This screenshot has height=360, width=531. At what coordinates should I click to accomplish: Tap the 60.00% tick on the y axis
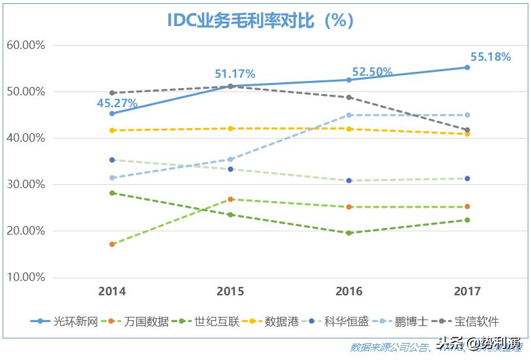point(26,45)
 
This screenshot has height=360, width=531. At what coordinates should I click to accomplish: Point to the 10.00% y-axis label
point(26,277)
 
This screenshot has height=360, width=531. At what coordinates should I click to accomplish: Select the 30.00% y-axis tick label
point(26,184)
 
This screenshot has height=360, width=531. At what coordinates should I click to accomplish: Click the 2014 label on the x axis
point(112,291)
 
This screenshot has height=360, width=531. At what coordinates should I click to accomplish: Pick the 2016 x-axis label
point(349,291)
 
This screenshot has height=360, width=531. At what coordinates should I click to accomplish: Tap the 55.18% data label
point(490,57)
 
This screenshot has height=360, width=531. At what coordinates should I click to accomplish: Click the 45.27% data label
point(117,103)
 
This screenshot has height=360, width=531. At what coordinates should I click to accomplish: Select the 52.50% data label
point(372,72)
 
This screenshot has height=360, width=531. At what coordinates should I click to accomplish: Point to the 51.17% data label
point(235,74)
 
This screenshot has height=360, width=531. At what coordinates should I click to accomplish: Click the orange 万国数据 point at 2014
point(112,244)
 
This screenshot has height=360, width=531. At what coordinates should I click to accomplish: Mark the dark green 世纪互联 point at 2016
point(349,233)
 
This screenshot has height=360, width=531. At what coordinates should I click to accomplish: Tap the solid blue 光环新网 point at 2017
point(467,67)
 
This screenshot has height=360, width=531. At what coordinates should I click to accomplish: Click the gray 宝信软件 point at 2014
point(112,93)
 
